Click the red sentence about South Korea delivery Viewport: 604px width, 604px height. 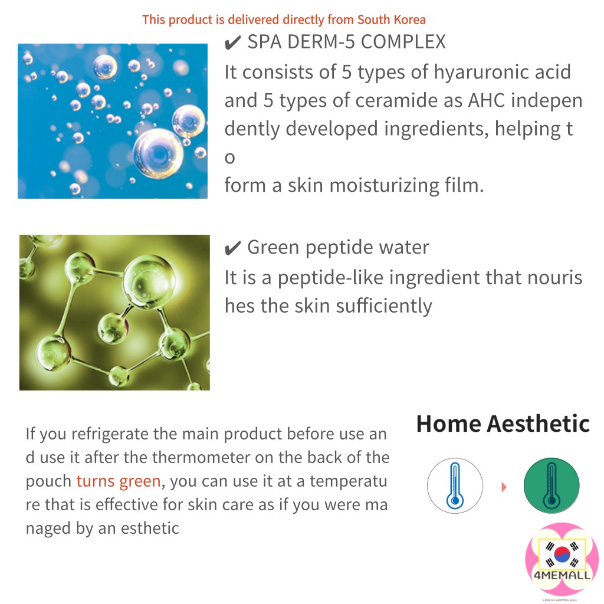(x=284, y=19)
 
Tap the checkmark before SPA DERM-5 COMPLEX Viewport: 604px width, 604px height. (x=232, y=42)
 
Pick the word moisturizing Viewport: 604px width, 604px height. (x=384, y=185)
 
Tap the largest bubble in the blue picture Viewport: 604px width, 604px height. (x=158, y=153)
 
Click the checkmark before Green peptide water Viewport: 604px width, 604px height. (x=232, y=248)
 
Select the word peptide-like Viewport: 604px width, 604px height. (x=330, y=278)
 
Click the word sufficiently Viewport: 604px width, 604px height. (x=384, y=306)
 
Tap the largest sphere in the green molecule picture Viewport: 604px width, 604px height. (x=149, y=281)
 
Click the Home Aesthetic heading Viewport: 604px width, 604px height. (x=503, y=424)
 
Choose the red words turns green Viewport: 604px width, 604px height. (x=118, y=481)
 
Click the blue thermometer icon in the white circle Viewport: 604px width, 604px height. (x=455, y=486)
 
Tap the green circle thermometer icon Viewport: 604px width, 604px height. (x=552, y=486)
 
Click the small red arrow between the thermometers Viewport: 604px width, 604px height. (x=504, y=487)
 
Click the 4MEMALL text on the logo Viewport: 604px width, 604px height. (x=562, y=576)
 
